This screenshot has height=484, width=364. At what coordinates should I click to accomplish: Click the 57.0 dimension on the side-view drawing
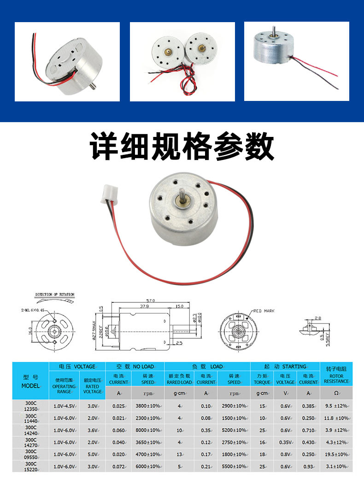pyautogui.click(x=151, y=300)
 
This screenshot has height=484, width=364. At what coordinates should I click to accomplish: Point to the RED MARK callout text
pyautogui.click(x=263, y=311)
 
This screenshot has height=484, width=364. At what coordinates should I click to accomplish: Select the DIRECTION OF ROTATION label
pyautogui.click(x=54, y=294)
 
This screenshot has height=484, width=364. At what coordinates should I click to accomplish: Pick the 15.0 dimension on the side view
pyautogui.click(x=179, y=306)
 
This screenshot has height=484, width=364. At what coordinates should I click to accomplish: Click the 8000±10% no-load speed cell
pyautogui.click(x=147, y=430)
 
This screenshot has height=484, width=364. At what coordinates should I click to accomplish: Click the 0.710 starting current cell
pyautogui.click(x=308, y=430)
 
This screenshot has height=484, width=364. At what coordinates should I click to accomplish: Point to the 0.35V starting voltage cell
pyautogui.click(x=285, y=442)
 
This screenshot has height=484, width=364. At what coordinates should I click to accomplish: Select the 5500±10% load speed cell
pyautogui.click(x=234, y=466)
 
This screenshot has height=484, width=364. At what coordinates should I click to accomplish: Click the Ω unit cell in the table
pyautogui.click(x=336, y=393)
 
